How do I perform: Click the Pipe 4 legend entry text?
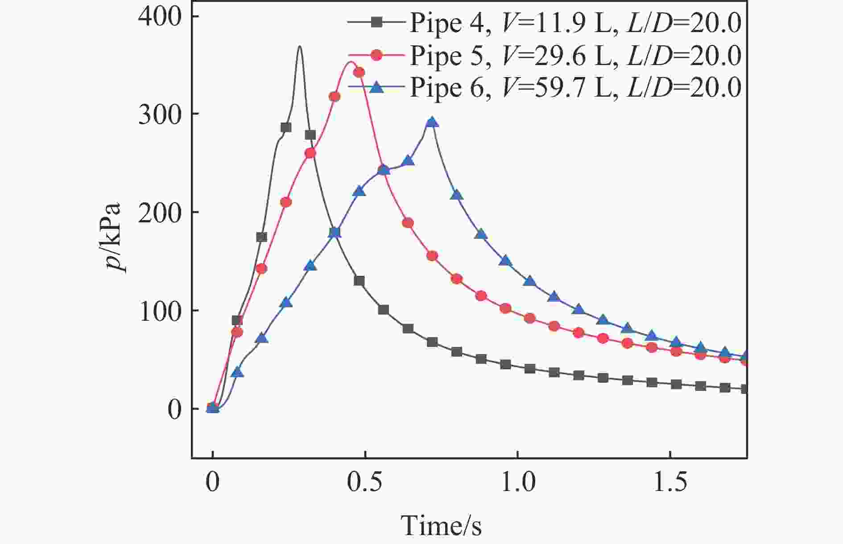coord(575,23)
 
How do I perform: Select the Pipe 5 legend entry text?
coord(575,55)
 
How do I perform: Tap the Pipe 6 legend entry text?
coord(575,87)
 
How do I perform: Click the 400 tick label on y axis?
coord(160,16)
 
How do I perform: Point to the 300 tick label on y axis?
coord(160,115)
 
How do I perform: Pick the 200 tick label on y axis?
coord(160,213)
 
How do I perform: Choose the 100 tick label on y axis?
coord(160,311)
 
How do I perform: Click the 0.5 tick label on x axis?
coord(365,483)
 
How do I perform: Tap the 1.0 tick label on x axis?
coord(517,483)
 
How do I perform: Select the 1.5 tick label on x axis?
coord(670,483)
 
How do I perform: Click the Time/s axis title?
coord(441,526)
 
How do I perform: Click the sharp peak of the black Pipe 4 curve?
coord(300,46)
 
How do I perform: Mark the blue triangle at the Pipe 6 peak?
coord(431,123)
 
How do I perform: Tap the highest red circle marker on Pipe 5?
coord(359,72)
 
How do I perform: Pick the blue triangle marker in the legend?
coord(377,87)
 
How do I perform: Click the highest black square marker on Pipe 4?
coord(286,127)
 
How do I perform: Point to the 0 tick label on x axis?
coord(213,483)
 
